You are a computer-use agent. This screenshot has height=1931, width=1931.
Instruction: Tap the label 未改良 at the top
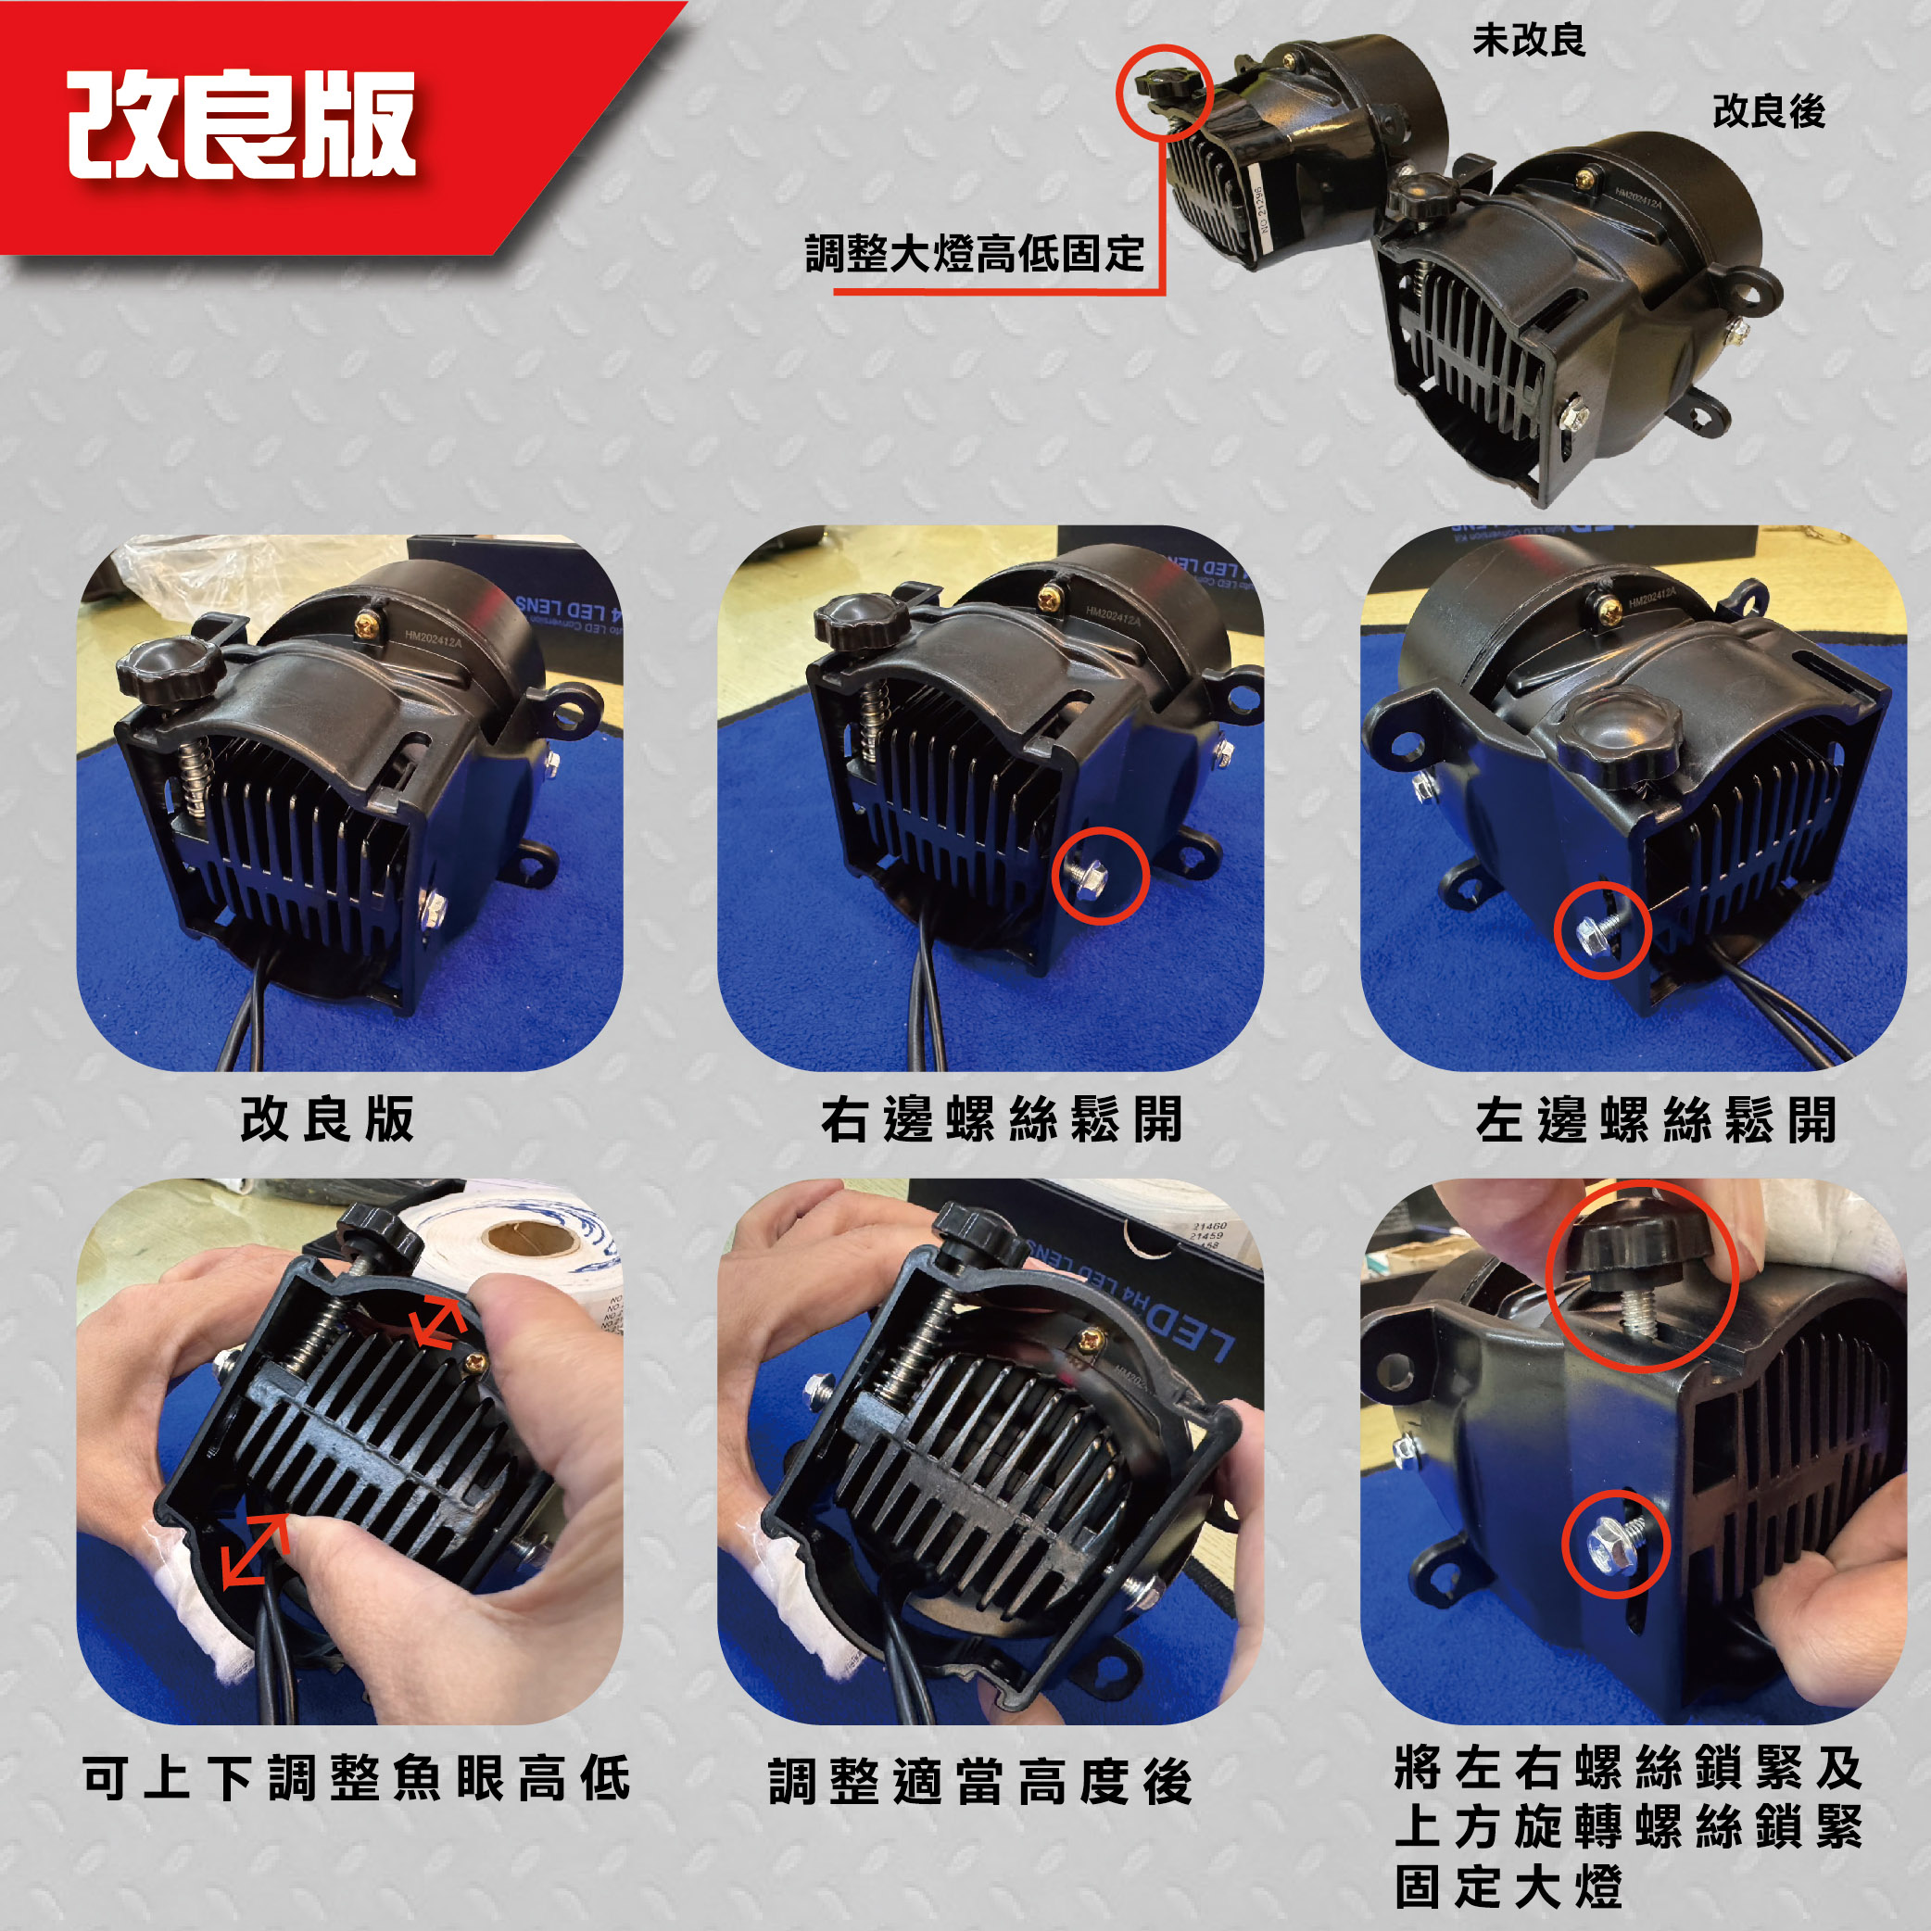click(1528, 41)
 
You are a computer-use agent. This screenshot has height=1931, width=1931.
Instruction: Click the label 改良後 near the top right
click(1768, 112)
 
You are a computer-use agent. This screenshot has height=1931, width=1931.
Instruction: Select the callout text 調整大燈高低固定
click(975, 254)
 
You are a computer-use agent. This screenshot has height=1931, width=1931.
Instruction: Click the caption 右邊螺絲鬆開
click(1002, 1119)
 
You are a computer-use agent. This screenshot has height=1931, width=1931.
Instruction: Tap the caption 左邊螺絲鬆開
click(1656, 1119)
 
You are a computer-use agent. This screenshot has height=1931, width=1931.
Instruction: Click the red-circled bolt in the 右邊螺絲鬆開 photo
click(1102, 875)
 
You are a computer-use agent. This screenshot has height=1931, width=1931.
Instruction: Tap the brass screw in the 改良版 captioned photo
click(367, 626)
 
